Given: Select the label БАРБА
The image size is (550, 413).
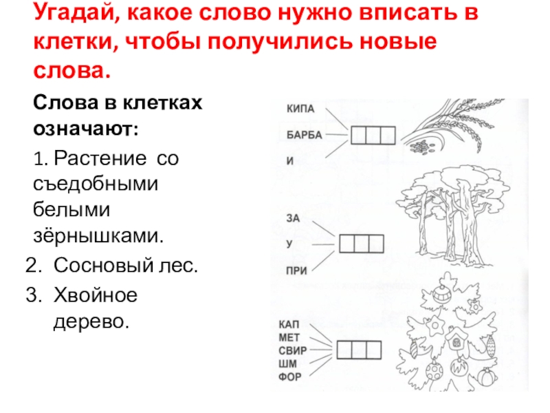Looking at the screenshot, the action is (x=304, y=135).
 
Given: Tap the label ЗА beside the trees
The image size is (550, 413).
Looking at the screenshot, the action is (x=293, y=218).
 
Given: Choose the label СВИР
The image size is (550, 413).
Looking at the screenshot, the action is (x=293, y=350).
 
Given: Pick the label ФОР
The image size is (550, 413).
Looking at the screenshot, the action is (x=290, y=377).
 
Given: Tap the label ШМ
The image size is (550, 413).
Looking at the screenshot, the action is (x=287, y=363).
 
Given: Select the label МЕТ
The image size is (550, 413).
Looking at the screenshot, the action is (x=289, y=337).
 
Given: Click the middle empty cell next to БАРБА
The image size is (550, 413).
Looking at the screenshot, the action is (x=374, y=135).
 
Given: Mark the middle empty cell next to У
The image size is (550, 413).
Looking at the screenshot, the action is (x=362, y=244).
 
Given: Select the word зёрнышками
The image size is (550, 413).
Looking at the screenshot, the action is (x=100, y=235).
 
